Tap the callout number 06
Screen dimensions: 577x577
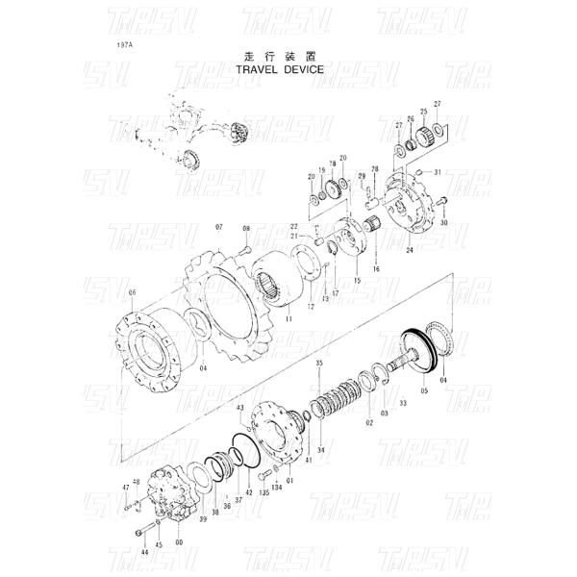click(132, 292)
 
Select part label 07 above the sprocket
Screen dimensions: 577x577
click(218, 227)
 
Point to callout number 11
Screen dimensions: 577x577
click(288, 316)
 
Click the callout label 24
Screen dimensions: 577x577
click(410, 250)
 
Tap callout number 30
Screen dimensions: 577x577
click(443, 223)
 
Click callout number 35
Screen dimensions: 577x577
click(319, 362)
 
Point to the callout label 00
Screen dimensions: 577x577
click(179, 541)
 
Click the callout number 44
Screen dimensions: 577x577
click(144, 553)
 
